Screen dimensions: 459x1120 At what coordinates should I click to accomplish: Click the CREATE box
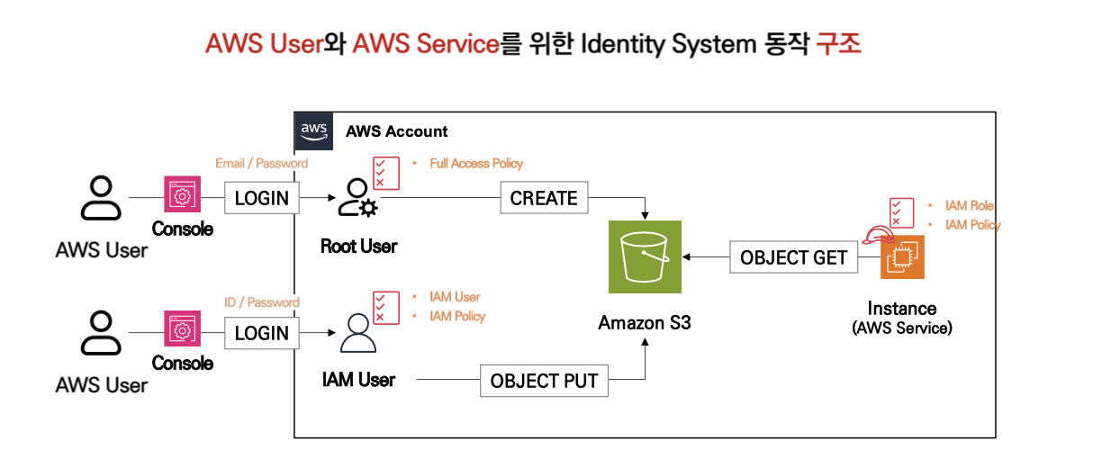(x=544, y=198)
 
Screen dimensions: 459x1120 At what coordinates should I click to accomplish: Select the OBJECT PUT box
(x=544, y=381)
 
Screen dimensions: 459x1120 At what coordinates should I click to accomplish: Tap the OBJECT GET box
(x=793, y=257)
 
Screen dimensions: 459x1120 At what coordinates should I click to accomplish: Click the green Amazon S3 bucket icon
(x=645, y=256)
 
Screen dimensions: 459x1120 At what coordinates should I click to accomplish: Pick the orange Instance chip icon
(x=903, y=256)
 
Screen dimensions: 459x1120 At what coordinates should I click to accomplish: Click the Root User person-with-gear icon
(x=357, y=199)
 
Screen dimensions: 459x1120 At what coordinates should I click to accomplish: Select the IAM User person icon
(x=357, y=334)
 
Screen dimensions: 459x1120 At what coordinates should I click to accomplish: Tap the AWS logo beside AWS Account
(x=313, y=130)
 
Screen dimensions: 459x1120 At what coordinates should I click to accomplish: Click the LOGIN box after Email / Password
(x=261, y=198)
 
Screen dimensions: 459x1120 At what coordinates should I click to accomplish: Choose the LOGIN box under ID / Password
(x=261, y=333)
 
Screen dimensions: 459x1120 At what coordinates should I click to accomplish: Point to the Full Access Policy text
(x=476, y=164)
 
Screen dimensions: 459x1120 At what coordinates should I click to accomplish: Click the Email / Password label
(x=261, y=164)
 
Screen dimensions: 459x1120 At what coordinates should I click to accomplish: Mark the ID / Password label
(x=261, y=302)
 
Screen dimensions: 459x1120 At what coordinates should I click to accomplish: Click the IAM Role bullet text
(x=969, y=206)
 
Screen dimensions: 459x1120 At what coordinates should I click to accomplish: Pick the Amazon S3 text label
(x=645, y=322)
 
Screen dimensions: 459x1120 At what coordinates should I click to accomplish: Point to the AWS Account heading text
(x=397, y=131)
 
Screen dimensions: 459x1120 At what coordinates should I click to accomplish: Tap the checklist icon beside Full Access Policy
(x=386, y=172)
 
